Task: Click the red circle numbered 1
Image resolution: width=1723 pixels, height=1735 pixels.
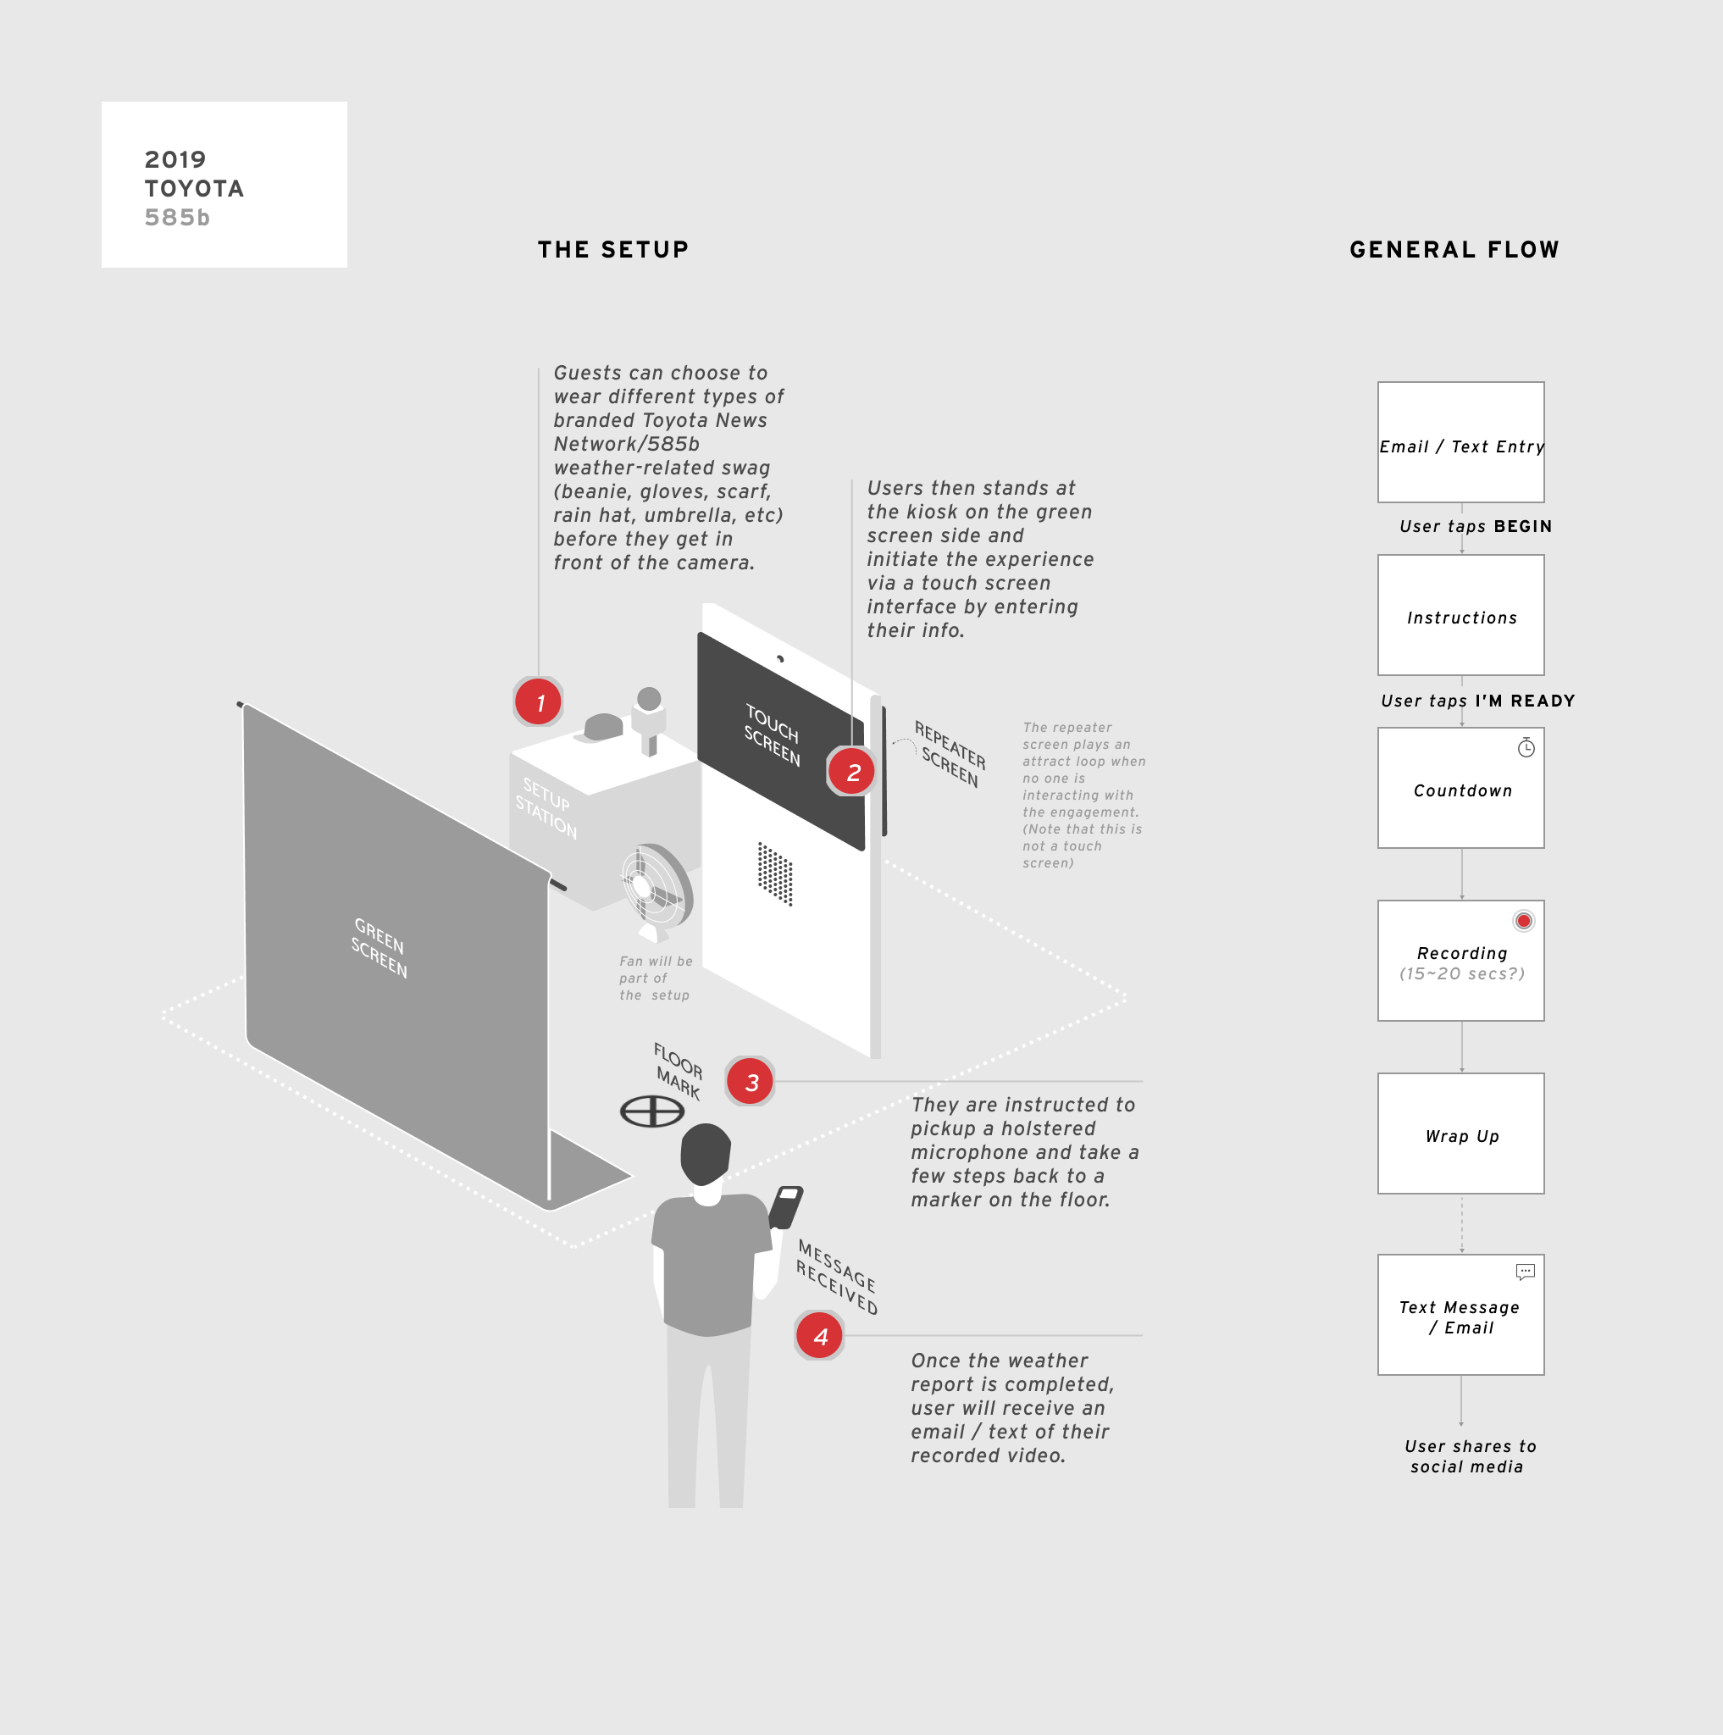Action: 539,702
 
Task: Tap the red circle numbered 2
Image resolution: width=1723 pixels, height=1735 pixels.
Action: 851,772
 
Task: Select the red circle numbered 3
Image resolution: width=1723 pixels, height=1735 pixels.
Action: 751,1081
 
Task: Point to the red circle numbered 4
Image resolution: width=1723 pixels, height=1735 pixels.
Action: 819,1335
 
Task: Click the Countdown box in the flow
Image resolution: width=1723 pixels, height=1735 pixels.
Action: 1461,788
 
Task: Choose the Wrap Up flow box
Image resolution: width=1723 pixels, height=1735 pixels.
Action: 1461,1134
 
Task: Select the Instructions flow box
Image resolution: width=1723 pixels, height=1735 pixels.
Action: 1461,615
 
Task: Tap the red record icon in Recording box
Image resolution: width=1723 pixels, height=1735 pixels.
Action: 1524,921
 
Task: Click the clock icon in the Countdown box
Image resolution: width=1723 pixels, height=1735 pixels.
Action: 1526,747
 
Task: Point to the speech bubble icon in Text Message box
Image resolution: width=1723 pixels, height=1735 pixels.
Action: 1525,1272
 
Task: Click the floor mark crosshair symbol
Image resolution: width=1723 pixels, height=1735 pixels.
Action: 652,1111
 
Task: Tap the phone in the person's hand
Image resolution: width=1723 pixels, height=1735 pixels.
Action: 786,1206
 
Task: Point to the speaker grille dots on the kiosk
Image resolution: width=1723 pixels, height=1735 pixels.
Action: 774,873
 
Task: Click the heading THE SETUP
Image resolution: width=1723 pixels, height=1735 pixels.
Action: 613,250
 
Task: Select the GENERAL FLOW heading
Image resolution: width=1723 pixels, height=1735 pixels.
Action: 1454,250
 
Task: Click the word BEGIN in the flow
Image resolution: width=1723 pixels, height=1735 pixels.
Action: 1523,526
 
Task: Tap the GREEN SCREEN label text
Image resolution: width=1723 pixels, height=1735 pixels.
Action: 379,948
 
